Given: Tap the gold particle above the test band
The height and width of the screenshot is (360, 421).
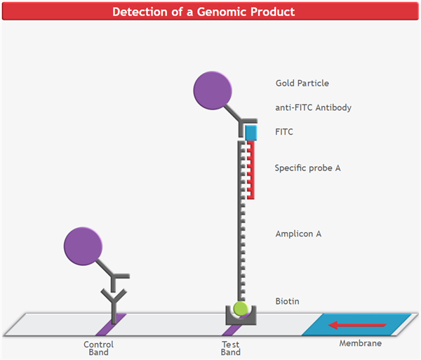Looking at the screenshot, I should click(x=213, y=91).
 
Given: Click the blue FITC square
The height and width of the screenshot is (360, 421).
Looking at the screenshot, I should click(x=250, y=131).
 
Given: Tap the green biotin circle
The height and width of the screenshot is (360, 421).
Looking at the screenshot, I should click(x=241, y=308).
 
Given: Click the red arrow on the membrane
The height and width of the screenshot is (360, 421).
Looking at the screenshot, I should click(x=357, y=325).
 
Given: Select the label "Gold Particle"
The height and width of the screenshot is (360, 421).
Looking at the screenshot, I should click(x=302, y=84).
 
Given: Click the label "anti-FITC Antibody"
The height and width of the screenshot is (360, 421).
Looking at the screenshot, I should click(x=313, y=107).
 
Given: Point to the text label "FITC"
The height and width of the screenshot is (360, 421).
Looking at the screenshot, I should click(x=284, y=131).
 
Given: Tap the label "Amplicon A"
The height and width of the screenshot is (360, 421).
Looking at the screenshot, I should click(x=298, y=234).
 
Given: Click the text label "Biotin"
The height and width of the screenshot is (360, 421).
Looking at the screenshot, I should click(x=287, y=301).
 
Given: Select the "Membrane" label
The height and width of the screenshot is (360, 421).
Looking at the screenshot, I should click(x=361, y=343).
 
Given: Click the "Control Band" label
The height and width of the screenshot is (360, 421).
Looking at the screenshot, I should click(x=98, y=348).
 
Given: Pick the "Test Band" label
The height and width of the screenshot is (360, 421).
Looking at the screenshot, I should click(x=231, y=348).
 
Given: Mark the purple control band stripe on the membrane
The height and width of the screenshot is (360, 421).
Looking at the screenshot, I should click(x=110, y=324).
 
